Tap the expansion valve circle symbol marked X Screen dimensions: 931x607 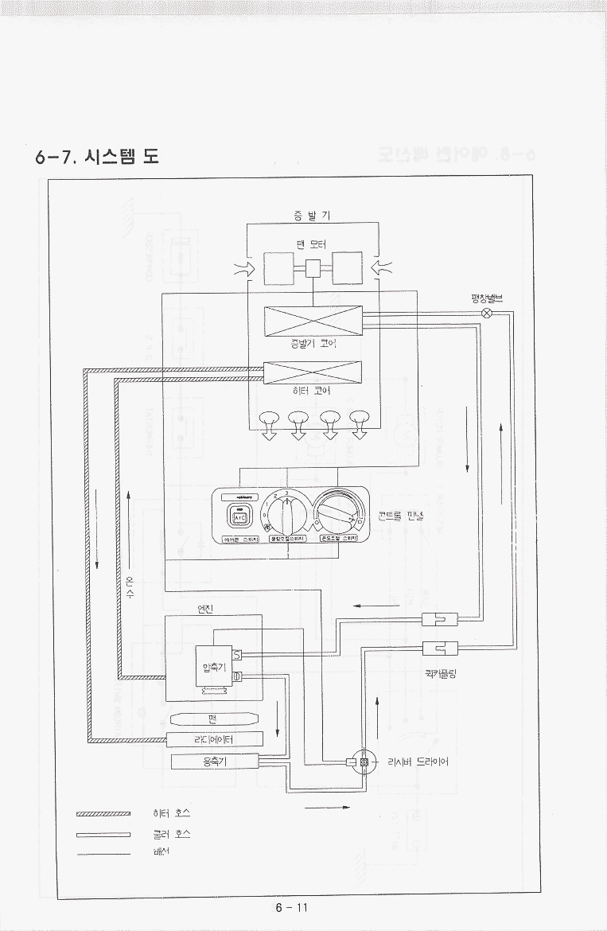488,314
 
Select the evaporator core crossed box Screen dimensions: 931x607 313,321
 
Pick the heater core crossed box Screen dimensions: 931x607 313,372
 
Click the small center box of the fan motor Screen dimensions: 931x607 313,268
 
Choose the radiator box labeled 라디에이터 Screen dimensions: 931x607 214,739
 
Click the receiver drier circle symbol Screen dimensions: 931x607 364,762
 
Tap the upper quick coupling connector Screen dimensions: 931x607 439,620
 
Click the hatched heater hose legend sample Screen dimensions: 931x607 103,814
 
